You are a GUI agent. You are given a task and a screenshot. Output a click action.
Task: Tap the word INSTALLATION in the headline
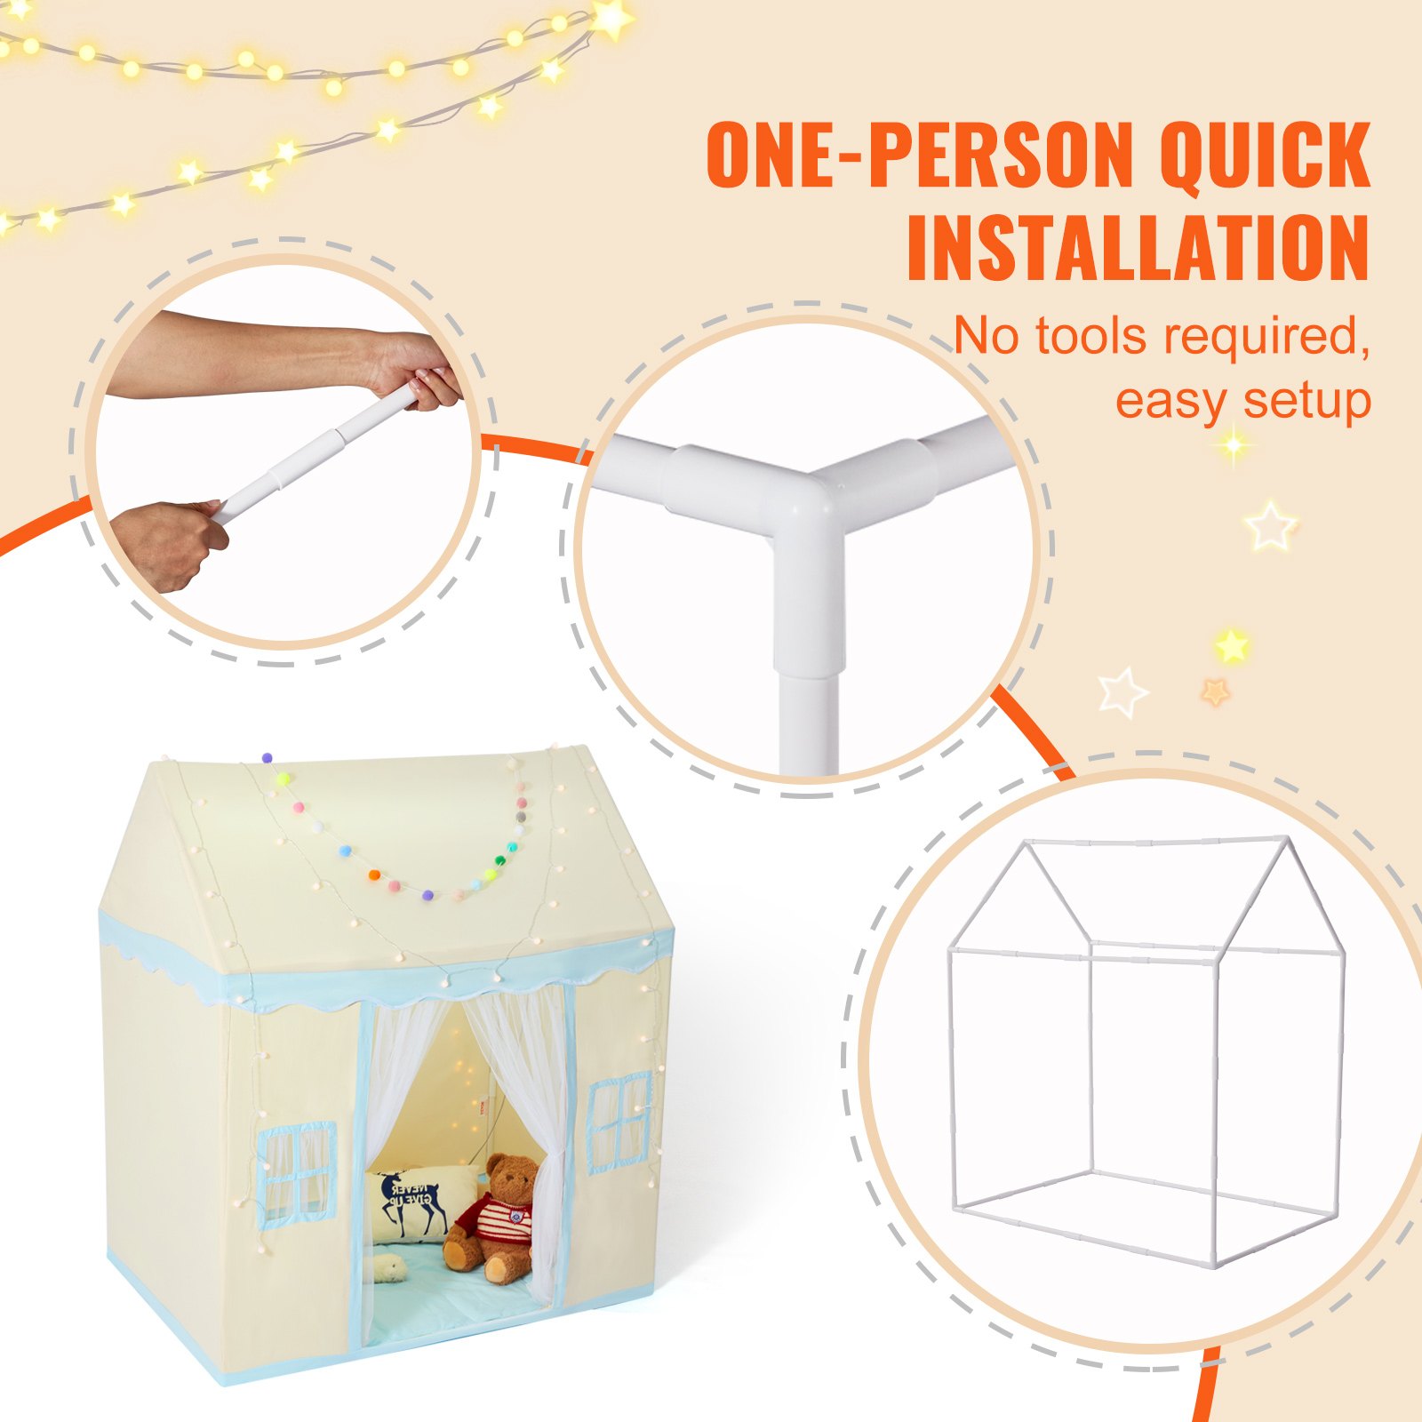(1138, 248)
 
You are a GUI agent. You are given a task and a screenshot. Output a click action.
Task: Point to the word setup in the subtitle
(1307, 401)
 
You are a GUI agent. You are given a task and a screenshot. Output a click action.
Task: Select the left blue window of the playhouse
(297, 1172)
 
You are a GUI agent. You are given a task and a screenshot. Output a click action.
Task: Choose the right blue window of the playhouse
(619, 1122)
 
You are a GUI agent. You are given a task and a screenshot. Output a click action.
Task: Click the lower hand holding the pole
(169, 542)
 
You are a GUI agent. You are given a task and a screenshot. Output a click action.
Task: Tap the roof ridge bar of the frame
(1155, 841)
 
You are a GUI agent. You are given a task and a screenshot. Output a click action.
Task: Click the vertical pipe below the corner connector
(809, 720)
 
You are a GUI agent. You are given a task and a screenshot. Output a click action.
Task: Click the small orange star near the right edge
(1215, 691)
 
